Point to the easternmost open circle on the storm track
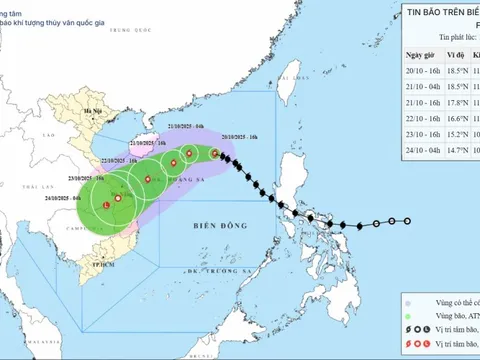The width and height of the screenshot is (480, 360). click(407, 221)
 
